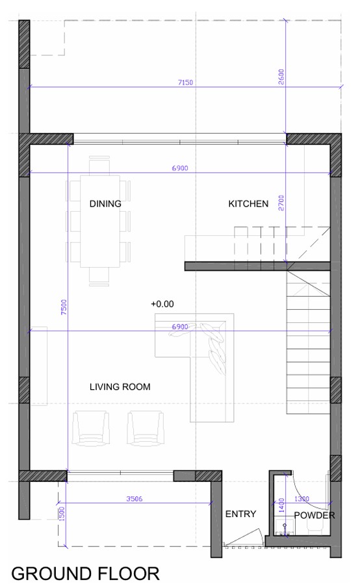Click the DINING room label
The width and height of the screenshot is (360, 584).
[105, 204]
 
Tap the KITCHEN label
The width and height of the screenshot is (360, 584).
[248, 204]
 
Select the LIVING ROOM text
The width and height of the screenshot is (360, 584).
[120, 387]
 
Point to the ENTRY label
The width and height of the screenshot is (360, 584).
[240, 514]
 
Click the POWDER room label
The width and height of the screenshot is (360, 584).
[315, 515]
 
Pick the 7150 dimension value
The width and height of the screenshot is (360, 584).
[185, 83]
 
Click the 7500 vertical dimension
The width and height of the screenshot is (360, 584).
[64, 307]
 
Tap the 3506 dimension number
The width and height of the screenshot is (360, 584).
[134, 499]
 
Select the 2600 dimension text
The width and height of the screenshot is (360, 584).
[281, 77]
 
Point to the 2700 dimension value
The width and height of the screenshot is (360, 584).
[281, 203]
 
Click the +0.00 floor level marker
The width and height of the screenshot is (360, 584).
[162, 304]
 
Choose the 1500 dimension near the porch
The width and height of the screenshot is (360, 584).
[62, 514]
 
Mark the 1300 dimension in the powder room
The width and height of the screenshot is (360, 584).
[302, 499]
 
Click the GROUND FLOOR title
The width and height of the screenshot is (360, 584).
[85, 574]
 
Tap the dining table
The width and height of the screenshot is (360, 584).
[100, 221]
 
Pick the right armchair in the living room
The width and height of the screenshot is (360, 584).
[146, 428]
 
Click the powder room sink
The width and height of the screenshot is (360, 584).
[285, 527]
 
